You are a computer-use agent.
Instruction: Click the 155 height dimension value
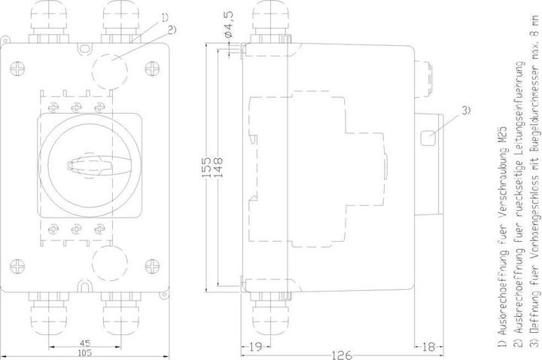[207, 167]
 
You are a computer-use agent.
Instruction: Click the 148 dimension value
[219, 167]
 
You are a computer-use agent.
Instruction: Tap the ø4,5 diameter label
[229, 24]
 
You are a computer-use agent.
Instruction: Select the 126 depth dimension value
[342, 355]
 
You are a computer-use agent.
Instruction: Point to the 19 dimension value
[255, 346]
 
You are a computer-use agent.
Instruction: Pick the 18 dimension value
[428, 346]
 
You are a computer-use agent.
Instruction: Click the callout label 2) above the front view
[172, 29]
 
